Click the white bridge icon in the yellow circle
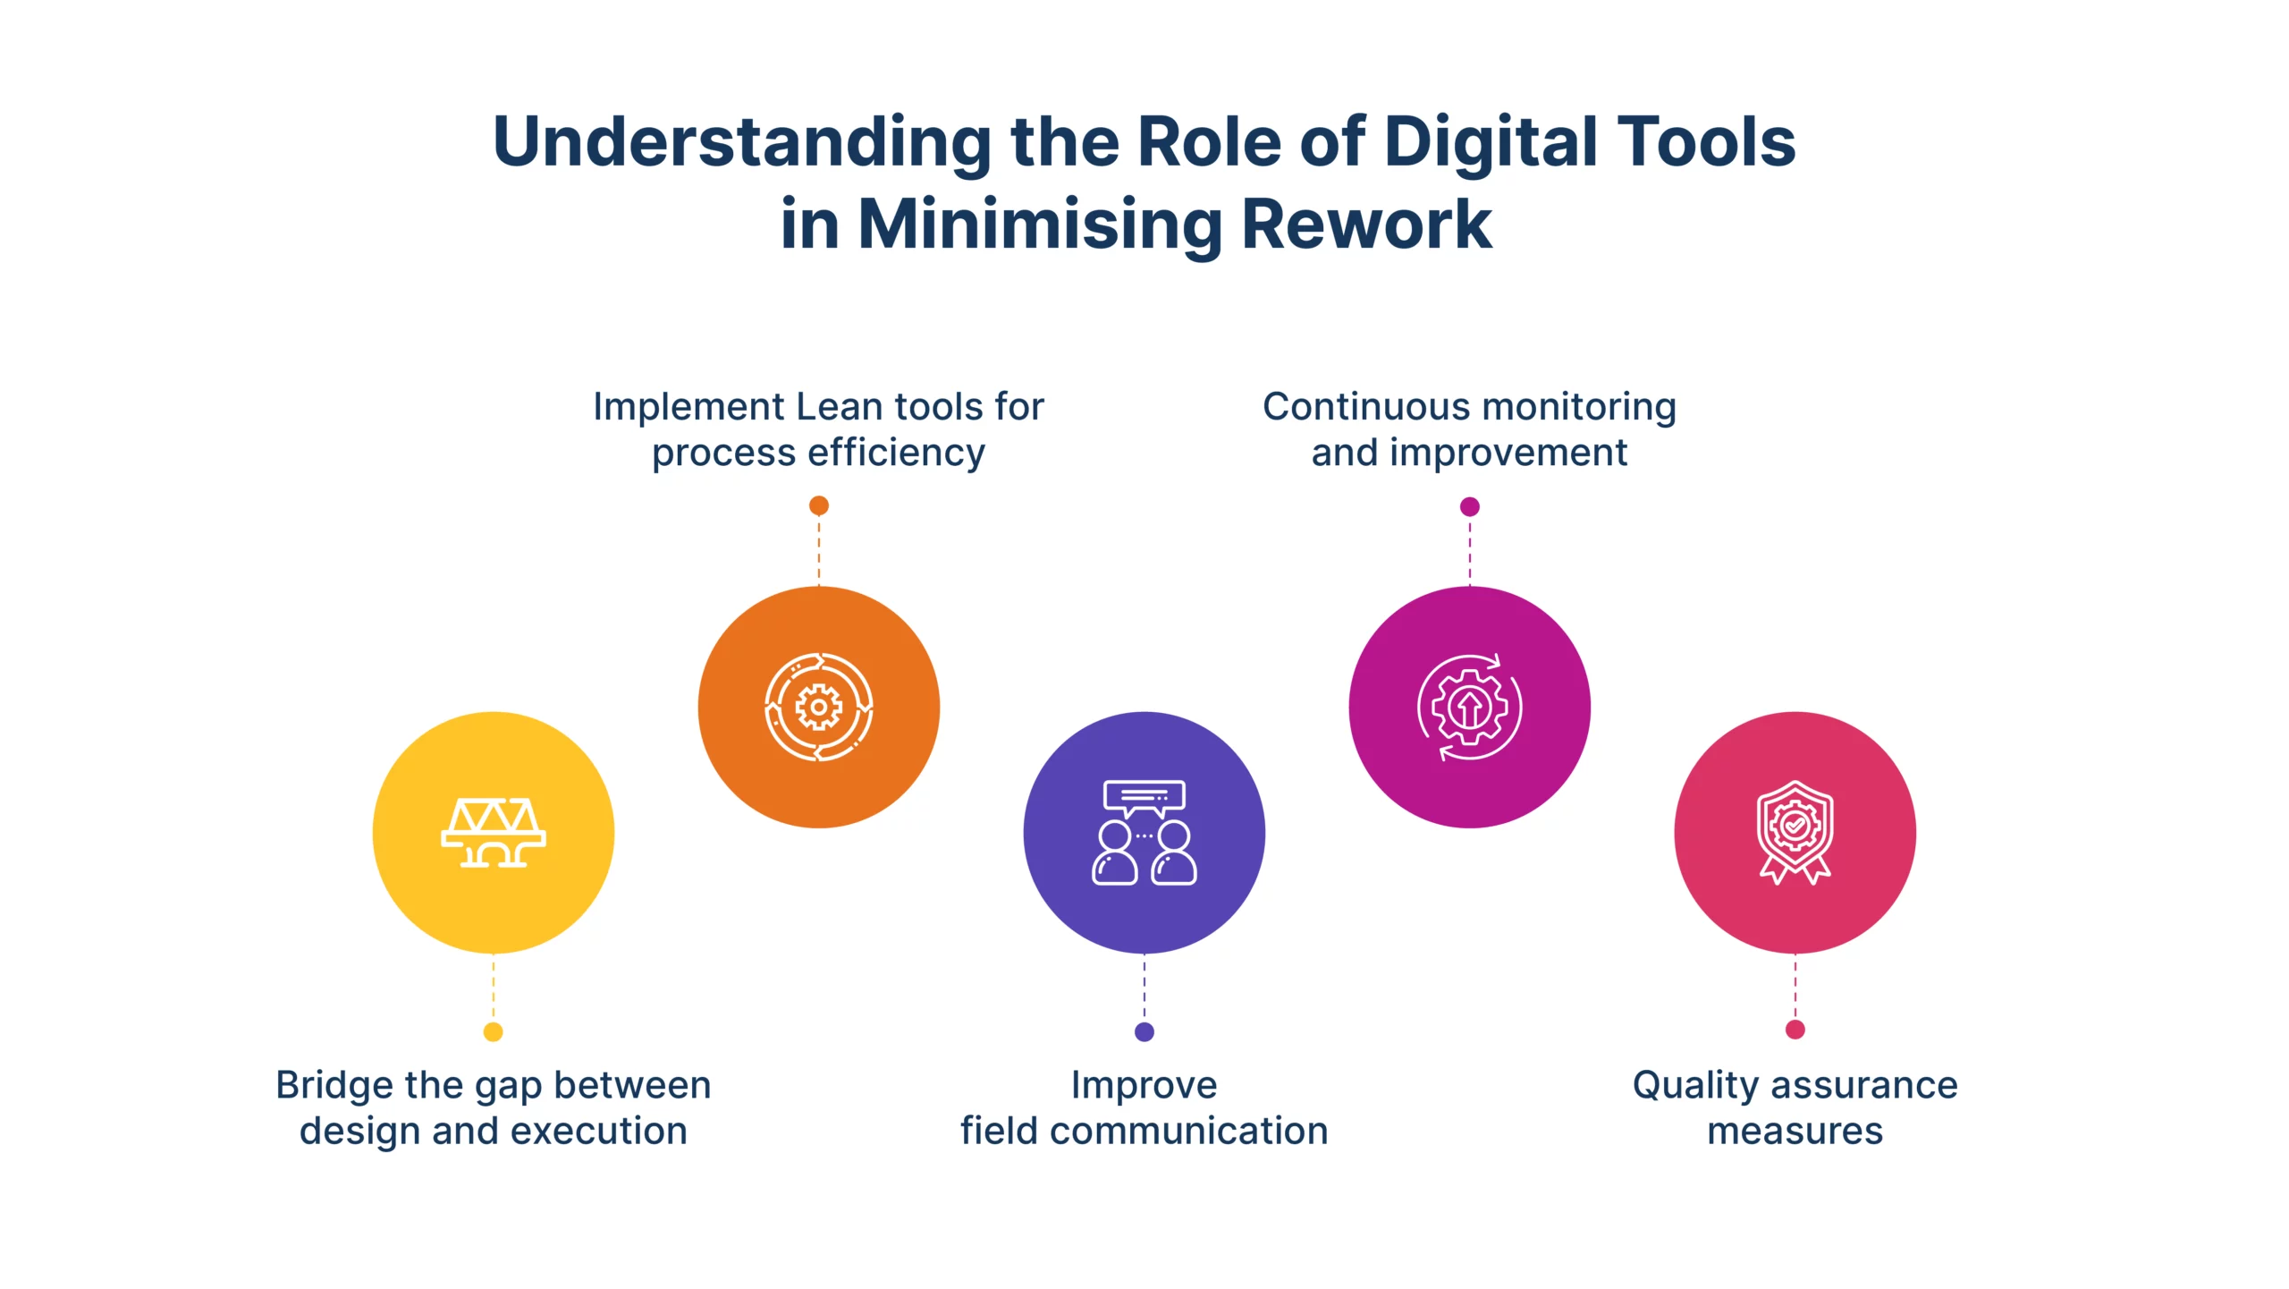(494, 833)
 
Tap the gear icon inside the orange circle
(818, 708)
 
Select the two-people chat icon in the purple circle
(1144, 833)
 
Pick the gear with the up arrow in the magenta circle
(1469, 708)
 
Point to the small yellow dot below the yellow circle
(493, 1032)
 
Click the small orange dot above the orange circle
(818, 506)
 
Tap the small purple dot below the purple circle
(1144, 1032)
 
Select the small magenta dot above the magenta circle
(1469, 507)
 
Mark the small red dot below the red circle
(1795, 1030)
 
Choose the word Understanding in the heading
(742, 143)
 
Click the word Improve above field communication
(1144, 1085)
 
